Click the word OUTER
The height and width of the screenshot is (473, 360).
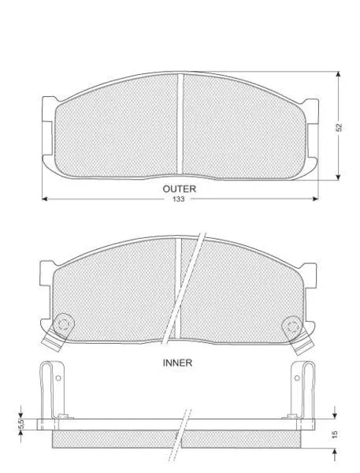tap(179, 189)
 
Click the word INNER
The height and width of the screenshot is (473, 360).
tap(177, 363)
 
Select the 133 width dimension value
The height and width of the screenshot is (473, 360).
tap(179, 199)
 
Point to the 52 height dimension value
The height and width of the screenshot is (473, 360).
tap(340, 127)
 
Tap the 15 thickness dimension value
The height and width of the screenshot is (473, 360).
tap(335, 434)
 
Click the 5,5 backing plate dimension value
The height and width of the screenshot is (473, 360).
tap(21, 425)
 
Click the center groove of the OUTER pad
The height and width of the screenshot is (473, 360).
tap(180, 124)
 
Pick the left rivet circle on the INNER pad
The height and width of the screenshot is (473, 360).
tap(63, 325)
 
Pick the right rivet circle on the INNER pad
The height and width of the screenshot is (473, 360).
tap(292, 326)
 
